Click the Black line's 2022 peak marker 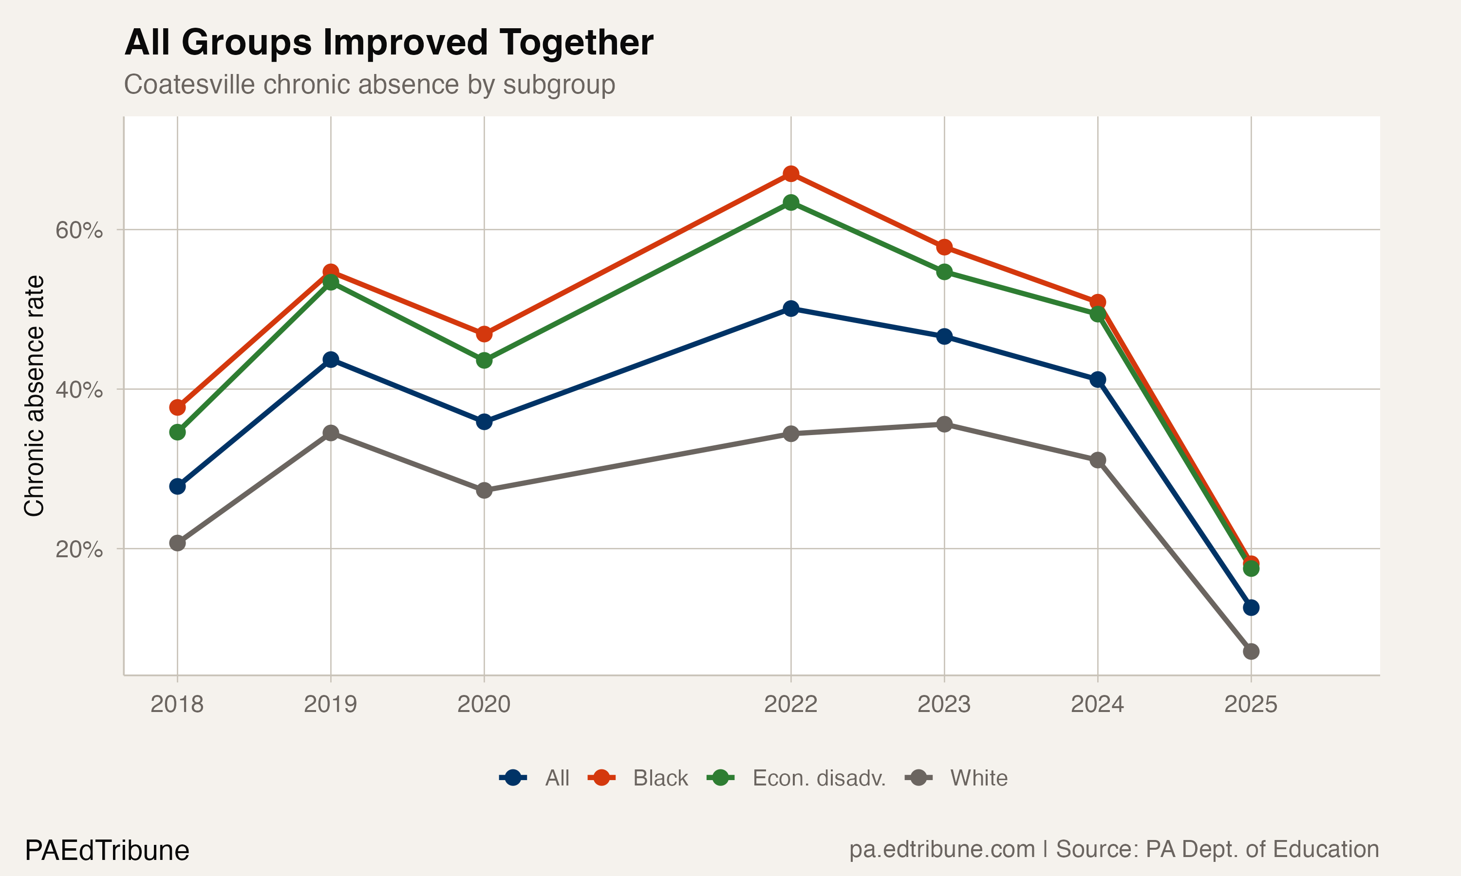pos(791,174)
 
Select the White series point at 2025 pos(1251,652)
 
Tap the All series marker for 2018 pos(177,486)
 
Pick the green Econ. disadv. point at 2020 pos(484,360)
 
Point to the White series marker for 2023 pos(944,424)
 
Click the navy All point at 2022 pos(791,308)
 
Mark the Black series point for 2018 pos(177,407)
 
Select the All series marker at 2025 pos(1251,607)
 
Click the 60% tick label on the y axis pos(79,230)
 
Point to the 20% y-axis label pos(79,549)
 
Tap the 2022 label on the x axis pos(791,704)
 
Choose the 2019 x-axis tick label pos(330,704)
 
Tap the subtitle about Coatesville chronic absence pos(369,84)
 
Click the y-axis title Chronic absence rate pos(34,396)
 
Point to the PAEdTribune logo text pos(107,851)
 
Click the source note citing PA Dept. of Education pos(1114,849)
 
